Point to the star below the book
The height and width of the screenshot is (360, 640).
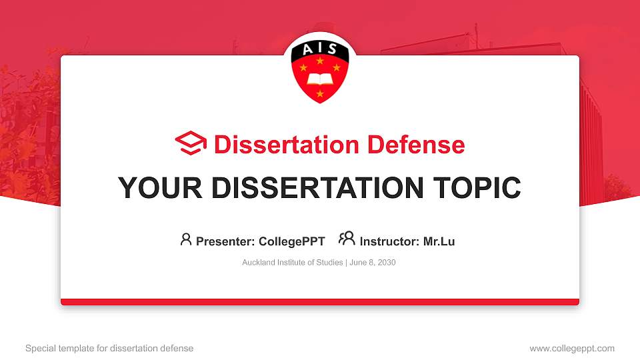coord(320,94)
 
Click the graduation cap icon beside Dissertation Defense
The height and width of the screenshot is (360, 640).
coord(191,144)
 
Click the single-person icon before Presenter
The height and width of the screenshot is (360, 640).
coord(186,239)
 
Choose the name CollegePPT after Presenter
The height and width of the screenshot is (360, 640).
coord(292,241)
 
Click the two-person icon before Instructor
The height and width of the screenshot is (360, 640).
coord(347,239)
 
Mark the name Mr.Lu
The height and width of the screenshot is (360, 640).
coord(439,241)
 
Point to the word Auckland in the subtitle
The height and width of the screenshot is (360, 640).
coord(258,263)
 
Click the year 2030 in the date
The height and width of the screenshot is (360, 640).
coord(387,263)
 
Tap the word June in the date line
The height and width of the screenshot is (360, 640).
coord(357,263)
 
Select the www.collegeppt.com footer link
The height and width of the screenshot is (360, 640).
coord(572,348)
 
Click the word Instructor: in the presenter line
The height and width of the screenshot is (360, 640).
coord(390,241)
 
